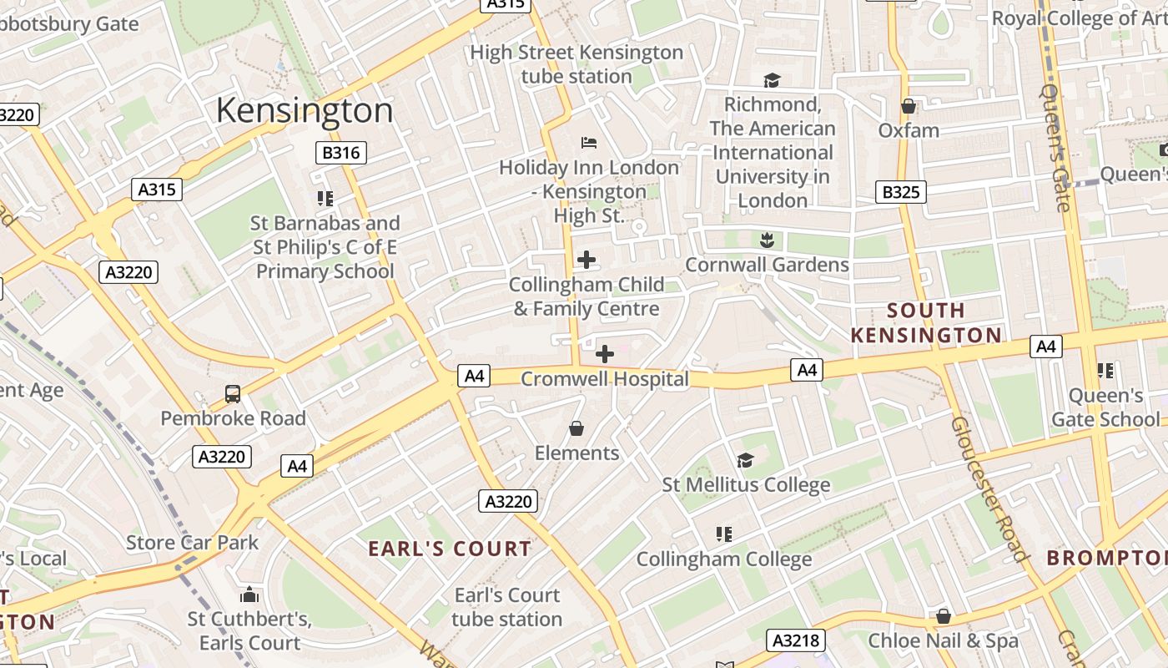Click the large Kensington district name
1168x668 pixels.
click(305, 110)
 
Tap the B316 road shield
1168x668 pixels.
click(340, 152)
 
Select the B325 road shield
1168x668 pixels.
click(901, 192)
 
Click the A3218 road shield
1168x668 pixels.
click(796, 640)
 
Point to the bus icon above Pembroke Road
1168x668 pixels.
click(233, 394)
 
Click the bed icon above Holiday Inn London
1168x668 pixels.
click(588, 143)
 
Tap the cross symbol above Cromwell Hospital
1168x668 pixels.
click(605, 355)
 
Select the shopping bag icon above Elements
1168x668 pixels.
click(576, 429)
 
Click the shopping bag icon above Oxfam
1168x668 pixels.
click(909, 106)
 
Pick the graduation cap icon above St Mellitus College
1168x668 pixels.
click(745, 460)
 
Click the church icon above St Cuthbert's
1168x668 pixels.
click(249, 595)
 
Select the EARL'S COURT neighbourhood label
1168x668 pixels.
click(450, 549)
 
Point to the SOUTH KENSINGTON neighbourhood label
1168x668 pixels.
click(925, 322)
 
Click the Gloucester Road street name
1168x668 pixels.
click(989, 488)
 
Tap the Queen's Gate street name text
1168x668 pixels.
click(1055, 148)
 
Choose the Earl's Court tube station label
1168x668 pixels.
click(506, 607)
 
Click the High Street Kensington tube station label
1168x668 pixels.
click(576, 64)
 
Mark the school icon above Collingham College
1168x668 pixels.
click(723, 534)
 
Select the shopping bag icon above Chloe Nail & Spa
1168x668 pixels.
click(943, 616)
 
